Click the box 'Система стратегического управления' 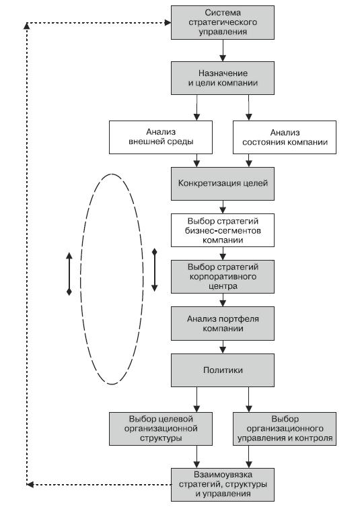[x=223, y=22]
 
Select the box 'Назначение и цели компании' [x=223, y=78]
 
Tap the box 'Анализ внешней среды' [x=161, y=137]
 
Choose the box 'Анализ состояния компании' [x=285, y=137]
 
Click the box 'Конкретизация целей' [x=223, y=183]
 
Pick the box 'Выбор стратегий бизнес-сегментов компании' [x=223, y=230]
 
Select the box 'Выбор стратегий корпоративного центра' [x=223, y=277]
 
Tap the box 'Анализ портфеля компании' [x=223, y=323]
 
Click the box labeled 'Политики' [x=223, y=370]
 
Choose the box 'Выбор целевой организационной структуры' [x=161, y=429]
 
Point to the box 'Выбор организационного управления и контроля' [x=285, y=429]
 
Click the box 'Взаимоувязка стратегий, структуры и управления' [x=223, y=484]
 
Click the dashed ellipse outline [x=81, y=279]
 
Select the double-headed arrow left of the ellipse [x=69, y=274]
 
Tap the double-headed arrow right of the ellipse [x=155, y=270]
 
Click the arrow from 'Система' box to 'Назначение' [x=223, y=50]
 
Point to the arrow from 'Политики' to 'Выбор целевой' [x=196, y=399]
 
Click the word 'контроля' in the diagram [x=318, y=438]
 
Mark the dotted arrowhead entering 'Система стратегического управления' [x=168, y=23]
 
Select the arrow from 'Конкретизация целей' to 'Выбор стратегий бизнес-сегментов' [x=223, y=207]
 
